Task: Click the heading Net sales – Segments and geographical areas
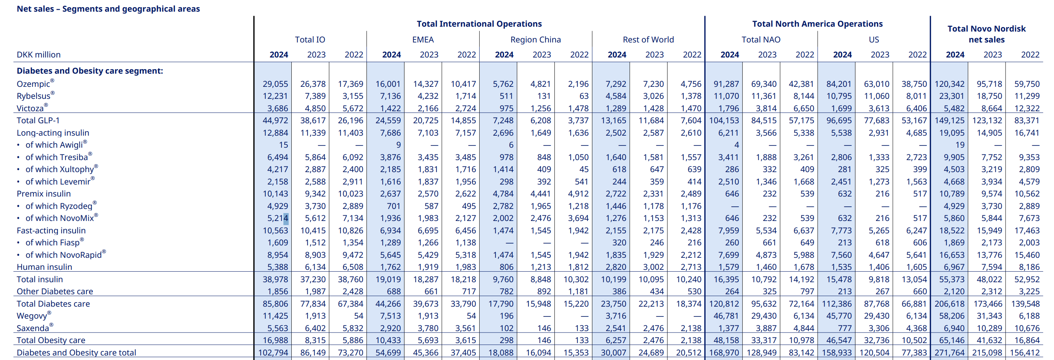108,9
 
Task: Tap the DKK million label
38,55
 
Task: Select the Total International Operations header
479,24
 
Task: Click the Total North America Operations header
817,24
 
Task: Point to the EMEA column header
423,40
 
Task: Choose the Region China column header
535,40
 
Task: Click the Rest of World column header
648,40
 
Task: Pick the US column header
874,40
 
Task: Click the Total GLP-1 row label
38,121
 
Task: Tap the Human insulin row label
44,267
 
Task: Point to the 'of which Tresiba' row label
56,157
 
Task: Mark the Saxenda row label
33,328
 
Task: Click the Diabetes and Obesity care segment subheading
89,71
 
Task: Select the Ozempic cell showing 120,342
949,84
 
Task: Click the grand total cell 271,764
949,352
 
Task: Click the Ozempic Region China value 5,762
503,84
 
